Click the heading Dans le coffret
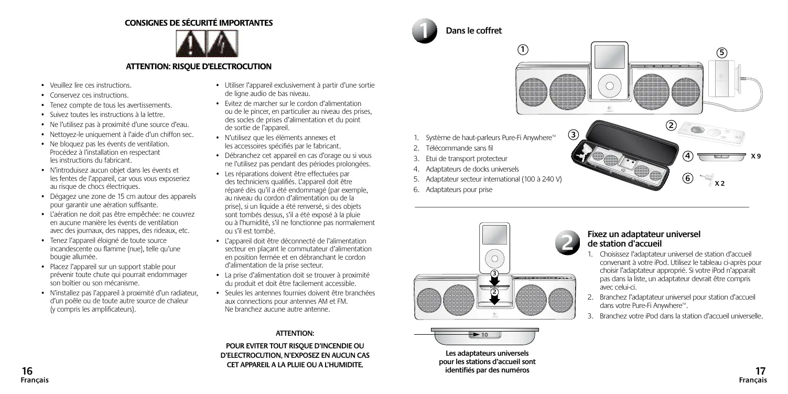pyautogui.click(x=473, y=31)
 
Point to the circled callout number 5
pyautogui.click(x=722, y=52)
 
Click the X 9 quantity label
pyautogui.click(x=755, y=156)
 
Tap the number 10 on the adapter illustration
pyautogui.click(x=485, y=334)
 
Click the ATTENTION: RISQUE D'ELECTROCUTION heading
pyautogui.click(x=199, y=66)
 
